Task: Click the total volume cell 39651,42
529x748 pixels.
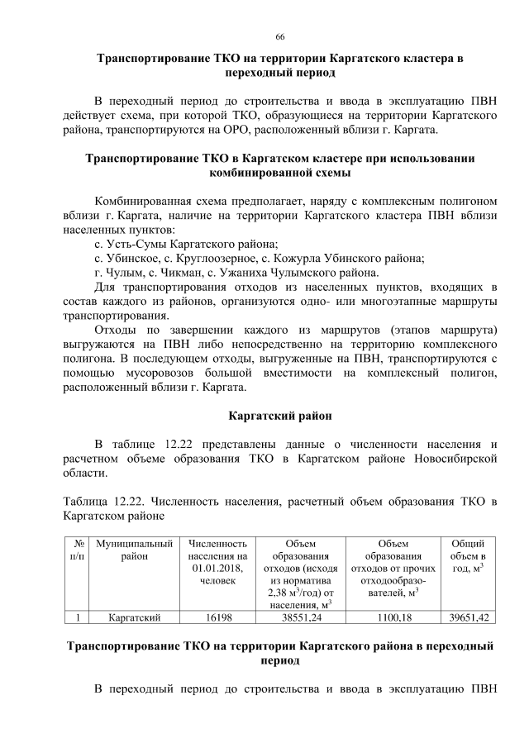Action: click(x=468, y=617)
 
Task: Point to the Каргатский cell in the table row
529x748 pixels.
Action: click(x=134, y=617)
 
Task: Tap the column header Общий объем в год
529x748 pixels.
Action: click(x=468, y=557)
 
